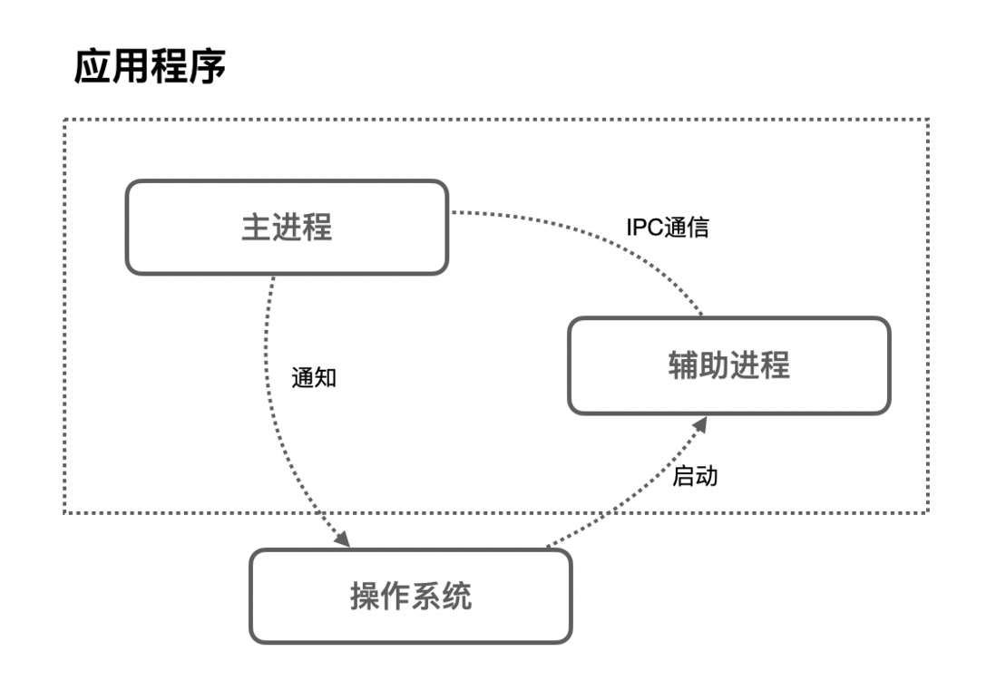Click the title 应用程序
pyautogui.click(x=150, y=67)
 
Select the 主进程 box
pyautogui.click(x=287, y=227)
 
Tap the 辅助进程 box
pyautogui.click(x=728, y=365)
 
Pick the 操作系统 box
pyautogui.click(x=410, y=596)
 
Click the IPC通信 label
pyautogui.click(x=667, y=228)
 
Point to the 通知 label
pyautogui.click(x=314, y=377)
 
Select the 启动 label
pyautogui.click(x=695, y=476)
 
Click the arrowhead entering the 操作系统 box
pyautogui.click(x=342, y=539)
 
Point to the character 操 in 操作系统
pyautogui.click(x=365, y=596)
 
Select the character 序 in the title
pyautogui.click(x=207, y=67)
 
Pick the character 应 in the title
pyautogui.click(x=93, y=67)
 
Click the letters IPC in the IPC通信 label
pyautogui.click(x=644, y=228)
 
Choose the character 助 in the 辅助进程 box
pyautogui.click(x=714, y=365)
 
